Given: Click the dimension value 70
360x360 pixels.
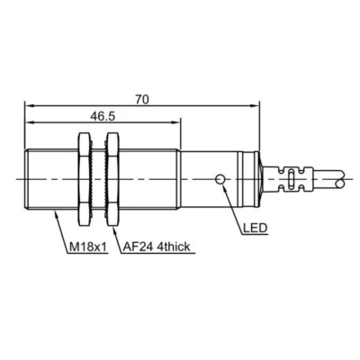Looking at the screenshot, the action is click(x=142, y=99).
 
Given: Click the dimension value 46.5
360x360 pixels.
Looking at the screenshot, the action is click(x=103, y=116).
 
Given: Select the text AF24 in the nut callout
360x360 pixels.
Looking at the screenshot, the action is click(x=136, y=247).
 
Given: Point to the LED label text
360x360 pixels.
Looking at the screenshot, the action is click(x=255, y=229).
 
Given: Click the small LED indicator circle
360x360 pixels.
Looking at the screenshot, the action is click(x=220, y=179).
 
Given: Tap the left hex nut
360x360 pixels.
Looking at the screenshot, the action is click(x=84, y=179).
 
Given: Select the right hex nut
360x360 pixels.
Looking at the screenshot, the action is click(x=113, y=179).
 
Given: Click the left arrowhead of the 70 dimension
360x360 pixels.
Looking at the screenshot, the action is click(x=28, y=105).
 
